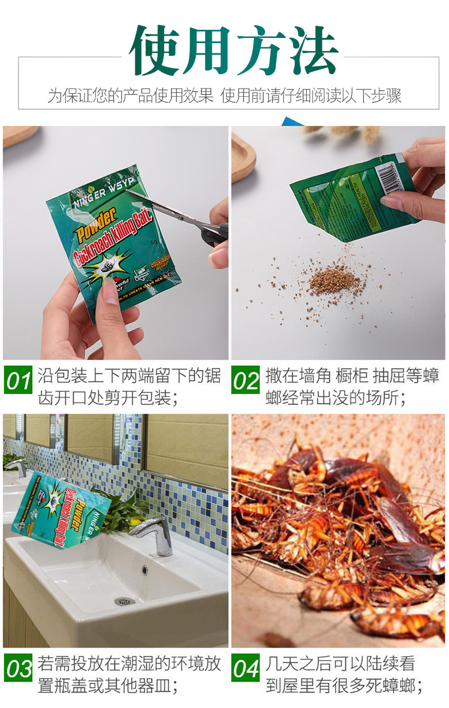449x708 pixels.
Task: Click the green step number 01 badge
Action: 19,381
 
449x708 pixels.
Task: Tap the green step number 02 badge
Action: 246,381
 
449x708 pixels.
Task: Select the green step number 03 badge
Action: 19,669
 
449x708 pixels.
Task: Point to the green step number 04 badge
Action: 246,669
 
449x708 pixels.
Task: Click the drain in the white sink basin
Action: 124,601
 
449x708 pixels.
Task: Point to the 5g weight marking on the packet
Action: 154,242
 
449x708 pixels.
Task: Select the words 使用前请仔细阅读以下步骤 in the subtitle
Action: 311,95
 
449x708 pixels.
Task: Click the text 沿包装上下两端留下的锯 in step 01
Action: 130,376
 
